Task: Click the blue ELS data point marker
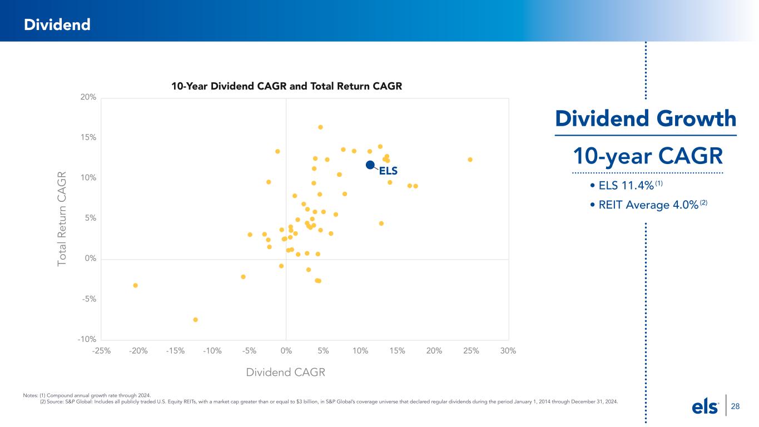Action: pyautogui.click(x=370, y=165)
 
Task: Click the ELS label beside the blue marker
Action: pyautogui.click(x=388, y=171)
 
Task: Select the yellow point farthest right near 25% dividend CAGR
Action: pyautogui.click(x=470, y=160)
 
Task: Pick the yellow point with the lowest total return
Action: pyautogui.click(x=196, y=320)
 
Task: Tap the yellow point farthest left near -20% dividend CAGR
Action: pyautogui.click(x=135, y=285)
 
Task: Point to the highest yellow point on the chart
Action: pyautogui.click(x=320, y=127)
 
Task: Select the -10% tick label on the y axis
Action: pyautogui.click(x=88, y=340)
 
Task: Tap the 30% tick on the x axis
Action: pyautogui.click(x=508, y=351)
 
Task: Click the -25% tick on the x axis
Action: pyautogui.click(x=102, y=351)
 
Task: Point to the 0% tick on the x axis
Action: pyautogui.click(x=286, y=351)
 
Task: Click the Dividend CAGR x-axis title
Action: pyautogui.click(x=285, y=372)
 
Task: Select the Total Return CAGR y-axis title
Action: pyautogui.click(x=62, y=218)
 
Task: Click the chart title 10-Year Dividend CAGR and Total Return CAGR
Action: pyautogui.click(x=286, y=87)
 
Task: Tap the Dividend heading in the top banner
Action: pyautogui.click(x=57, y=24)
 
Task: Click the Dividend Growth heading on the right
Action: pyautogui.click(x=646, y=118)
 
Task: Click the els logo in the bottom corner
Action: pyautogui.click(x=706, y=407)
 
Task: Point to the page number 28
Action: pyautogui.click(x=735, y=407)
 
